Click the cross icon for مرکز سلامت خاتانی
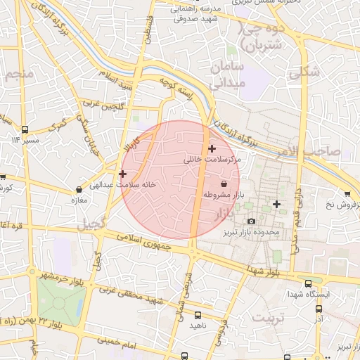click(212, 148)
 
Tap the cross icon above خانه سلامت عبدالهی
click(123, 174)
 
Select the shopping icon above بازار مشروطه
click(224, 184)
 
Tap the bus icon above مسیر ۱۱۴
click(25, 129)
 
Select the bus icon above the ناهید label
click(198, 315)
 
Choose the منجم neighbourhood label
click(19, 74)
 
